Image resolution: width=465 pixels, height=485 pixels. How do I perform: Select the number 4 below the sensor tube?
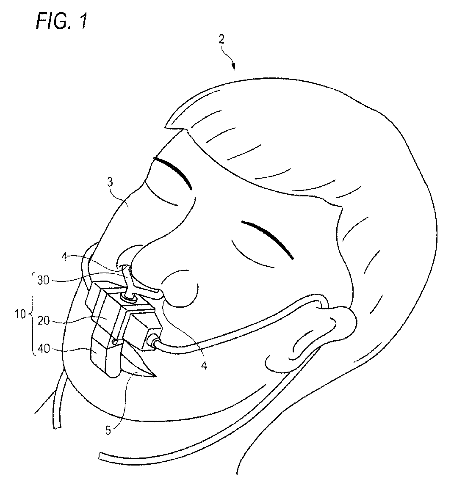204,366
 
